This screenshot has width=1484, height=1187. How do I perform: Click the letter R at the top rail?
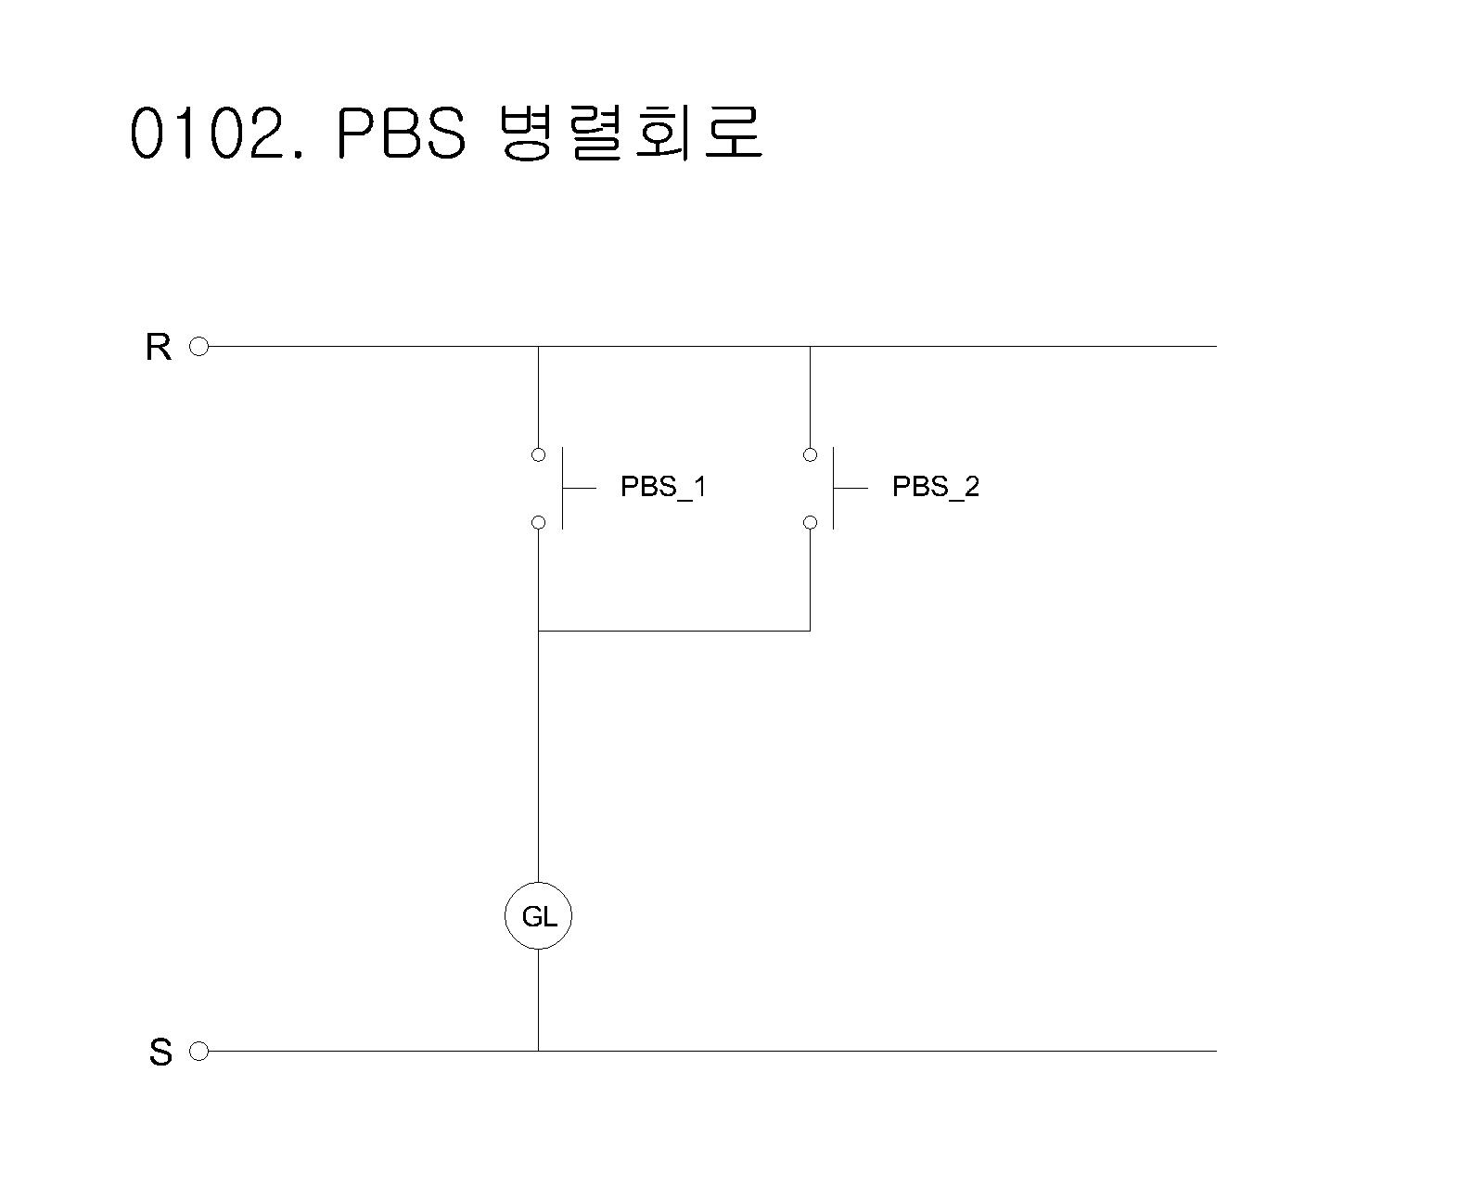(159, 348)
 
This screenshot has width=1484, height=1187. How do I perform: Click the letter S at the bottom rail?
(160, 1053)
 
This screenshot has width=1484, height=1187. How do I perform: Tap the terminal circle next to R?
(198, 347)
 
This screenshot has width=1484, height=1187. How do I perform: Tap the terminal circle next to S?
(198, 1051)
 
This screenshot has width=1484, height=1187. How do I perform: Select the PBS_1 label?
(663, 487)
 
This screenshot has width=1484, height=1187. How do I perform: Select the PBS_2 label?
(935, 487)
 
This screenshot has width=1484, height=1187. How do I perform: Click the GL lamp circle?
(538, 916)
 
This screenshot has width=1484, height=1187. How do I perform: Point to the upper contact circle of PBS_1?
(538, 454)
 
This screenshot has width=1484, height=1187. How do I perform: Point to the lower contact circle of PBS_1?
(538, 522)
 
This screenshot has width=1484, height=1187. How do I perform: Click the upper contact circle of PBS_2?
(810, 454)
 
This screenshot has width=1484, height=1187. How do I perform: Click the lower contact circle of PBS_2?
(810, 522)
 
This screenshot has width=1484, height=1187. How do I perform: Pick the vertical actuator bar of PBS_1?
(562, 488)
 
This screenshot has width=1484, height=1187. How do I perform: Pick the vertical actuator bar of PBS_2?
(833, 488)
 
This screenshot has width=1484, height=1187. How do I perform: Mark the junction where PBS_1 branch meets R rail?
(538, 347)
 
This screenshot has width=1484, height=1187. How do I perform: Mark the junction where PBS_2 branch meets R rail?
(810, 347)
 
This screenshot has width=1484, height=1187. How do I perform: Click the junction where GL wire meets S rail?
(538, 1051)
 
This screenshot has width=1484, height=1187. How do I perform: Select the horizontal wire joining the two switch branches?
(674, 631)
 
